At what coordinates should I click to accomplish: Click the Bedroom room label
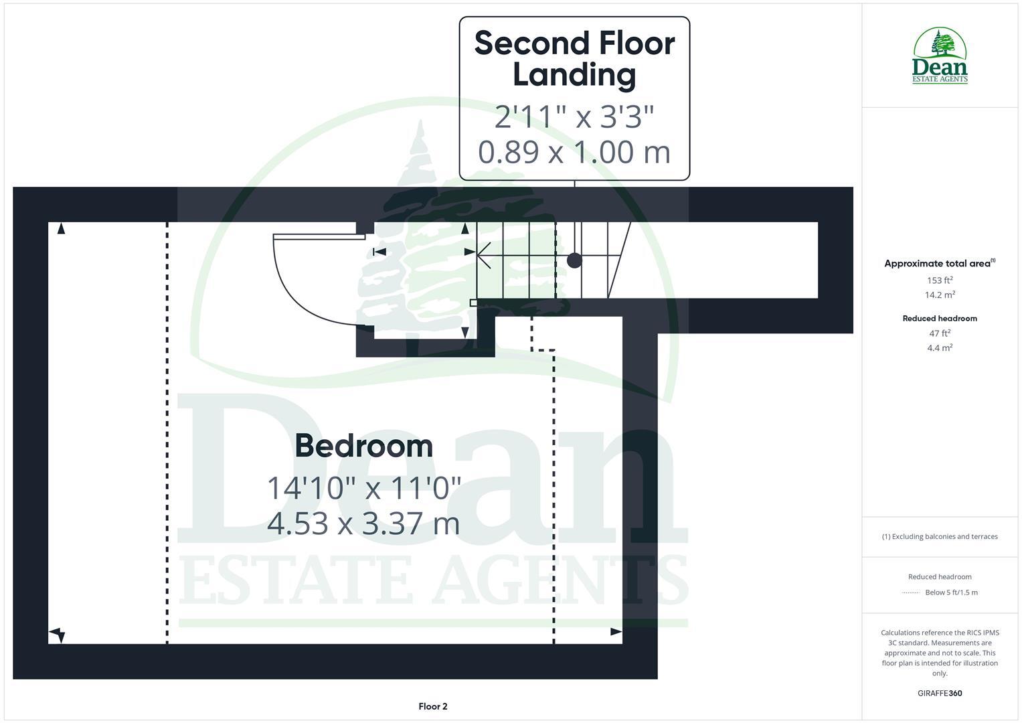[363, 446]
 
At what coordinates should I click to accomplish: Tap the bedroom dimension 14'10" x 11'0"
[364, 487]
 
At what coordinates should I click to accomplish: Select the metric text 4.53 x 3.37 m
[363, 523]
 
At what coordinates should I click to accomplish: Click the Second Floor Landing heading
[574, 58]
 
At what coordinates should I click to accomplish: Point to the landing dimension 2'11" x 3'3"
[574, 116]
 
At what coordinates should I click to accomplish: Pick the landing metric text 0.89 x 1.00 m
[574, 151]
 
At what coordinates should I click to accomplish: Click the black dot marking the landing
[574, 260]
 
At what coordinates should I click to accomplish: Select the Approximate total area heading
[939, 263]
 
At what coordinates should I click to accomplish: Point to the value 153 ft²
[939, 280]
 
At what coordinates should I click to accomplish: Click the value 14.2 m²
[939, 295]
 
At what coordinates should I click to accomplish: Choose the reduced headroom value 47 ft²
[939, 333]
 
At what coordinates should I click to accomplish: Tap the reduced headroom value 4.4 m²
[939, 347]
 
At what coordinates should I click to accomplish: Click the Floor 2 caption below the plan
[432, 706]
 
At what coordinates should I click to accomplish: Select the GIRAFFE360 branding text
[939, 694]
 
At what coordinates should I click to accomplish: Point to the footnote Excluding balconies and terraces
[939, 536]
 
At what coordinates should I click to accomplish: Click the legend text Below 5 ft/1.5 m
[950, 592]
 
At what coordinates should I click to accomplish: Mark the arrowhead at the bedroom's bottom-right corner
[616, 631]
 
